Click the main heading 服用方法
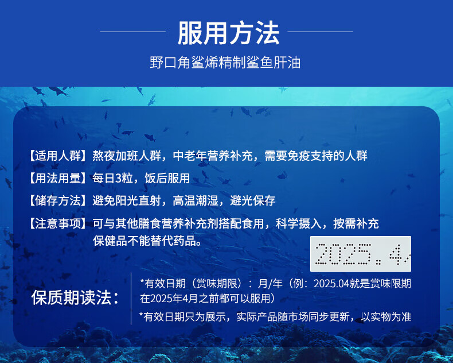click(x=229, y=33)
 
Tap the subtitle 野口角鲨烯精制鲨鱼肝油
click(x=225, y=63)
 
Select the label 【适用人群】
click(x=58, y=156)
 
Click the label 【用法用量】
click(x=58, y=178)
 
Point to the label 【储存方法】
click(x=58, y=200)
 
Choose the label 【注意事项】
click(x=58, y=223)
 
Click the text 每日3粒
click(x=110, y=178)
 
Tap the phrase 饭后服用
click(x=167, y=178)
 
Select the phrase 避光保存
click(x=253, y=200)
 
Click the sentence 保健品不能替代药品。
click(x=147, y=241)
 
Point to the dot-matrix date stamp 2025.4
click(x=361, y=254)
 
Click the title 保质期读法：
click(x=75, y=298)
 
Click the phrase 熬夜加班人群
click(x=127, y=156)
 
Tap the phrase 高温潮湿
click(x=196, y=200)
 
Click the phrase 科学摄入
click(x=299, y=223)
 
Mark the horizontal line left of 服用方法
click(x=133, y=32)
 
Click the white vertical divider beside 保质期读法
click(x=131, y=299)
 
